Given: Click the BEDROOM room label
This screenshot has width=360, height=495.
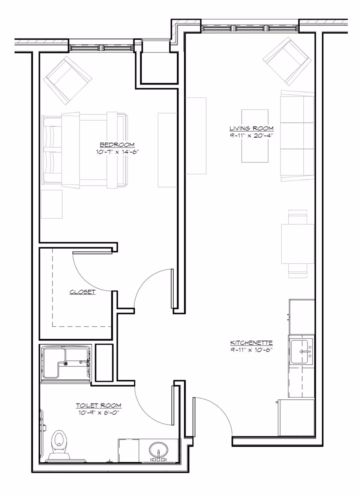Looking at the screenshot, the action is click(117, 145).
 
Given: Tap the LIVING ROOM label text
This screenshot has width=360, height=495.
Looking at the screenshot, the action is click(252, 128).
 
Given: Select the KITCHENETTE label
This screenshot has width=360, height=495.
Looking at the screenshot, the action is click(252, 343).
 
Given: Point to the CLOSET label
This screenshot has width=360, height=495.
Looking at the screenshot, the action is click(82, 292).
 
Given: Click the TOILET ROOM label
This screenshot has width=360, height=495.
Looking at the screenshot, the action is click(99, 405).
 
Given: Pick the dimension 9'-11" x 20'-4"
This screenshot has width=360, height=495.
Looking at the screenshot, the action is click(252, 135).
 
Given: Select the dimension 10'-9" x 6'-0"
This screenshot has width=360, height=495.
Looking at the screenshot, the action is click(99, 412).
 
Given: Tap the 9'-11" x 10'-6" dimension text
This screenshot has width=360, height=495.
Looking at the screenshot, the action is click(252, 350).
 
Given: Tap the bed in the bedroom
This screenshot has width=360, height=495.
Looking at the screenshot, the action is click(85, 150).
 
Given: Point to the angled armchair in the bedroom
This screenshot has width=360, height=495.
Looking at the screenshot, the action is click(67, 81).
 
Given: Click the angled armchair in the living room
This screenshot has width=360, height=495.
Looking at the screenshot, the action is click(287, 61).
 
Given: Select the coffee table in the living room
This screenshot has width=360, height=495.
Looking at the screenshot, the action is click(255, 136).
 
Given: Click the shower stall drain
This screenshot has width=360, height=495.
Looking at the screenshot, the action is click(65, 363).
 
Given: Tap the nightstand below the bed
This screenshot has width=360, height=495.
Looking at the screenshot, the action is click(52, 204).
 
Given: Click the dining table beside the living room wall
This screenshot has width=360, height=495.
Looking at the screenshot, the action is click(298, 244).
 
